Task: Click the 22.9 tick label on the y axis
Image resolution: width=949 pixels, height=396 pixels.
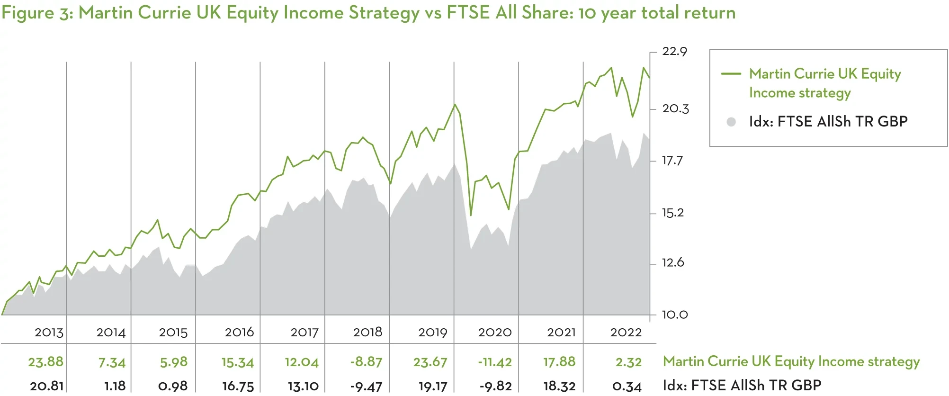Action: tap(674, 51)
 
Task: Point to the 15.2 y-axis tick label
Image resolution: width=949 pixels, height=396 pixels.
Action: tap(672, 213)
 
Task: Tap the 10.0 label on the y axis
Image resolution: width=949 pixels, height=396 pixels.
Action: tap(674, 315)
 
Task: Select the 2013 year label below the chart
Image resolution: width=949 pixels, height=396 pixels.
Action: tap(49, 333)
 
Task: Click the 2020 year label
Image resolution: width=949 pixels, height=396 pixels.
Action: tap(494, 333)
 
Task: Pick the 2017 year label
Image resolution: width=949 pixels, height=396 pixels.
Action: tap(304, 333)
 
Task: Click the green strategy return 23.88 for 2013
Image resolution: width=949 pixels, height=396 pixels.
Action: tap(45, 362)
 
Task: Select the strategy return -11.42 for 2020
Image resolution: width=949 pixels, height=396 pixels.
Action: tap(494, 362)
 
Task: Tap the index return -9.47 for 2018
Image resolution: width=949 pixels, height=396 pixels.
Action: tap(366, 386)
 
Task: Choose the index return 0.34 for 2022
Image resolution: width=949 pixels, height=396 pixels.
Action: tap(627, 386)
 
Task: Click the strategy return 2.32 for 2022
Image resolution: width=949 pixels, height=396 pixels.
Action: tap(628, 362)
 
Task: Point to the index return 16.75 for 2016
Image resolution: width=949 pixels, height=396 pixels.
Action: tap(238, 386)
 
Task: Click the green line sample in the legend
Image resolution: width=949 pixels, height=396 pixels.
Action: tap(731, 74)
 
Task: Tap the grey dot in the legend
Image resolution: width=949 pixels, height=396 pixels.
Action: tap(731, 122)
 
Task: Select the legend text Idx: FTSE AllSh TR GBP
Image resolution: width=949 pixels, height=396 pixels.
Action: tap(828, 122)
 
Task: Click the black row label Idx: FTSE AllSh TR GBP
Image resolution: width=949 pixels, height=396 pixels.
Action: tap(742, 385)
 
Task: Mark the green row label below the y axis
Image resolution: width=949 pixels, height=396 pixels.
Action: tap(791, 361)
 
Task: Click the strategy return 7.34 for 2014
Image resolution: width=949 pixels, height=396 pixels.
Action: tap(112, 363)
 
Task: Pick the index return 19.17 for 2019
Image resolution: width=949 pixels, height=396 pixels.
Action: tap(432, 386)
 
